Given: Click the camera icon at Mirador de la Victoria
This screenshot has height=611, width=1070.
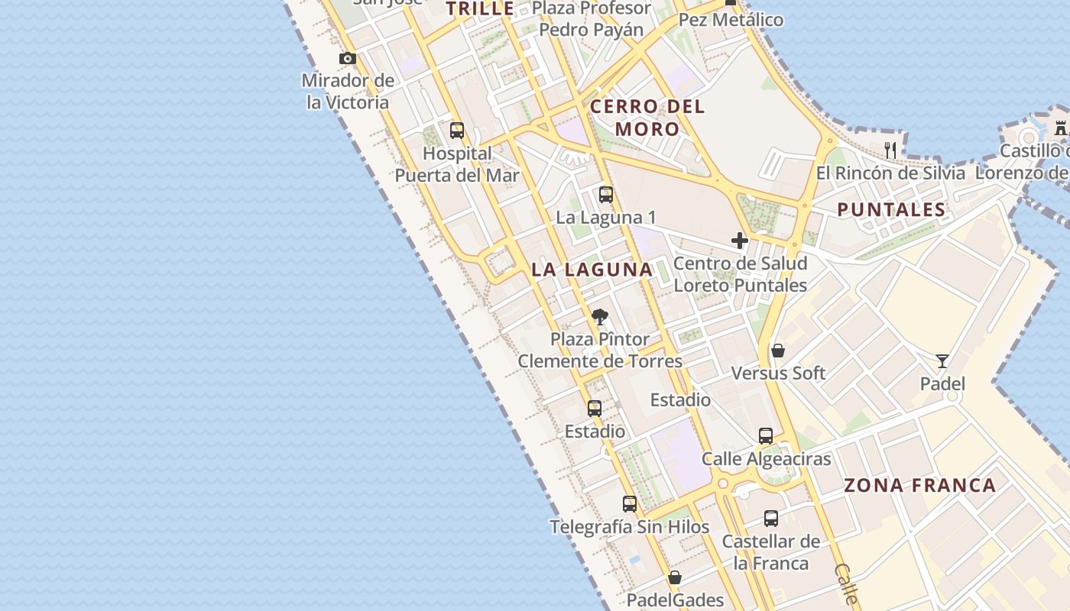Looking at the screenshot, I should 348,58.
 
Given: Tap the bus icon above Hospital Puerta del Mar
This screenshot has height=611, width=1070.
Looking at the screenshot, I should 457,131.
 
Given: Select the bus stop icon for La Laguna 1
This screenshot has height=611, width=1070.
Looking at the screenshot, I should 606,195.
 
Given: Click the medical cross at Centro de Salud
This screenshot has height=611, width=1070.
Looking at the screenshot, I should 740,241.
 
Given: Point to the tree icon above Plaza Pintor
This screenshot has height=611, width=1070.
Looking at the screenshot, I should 600,317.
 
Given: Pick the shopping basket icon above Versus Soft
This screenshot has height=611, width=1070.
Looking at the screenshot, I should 778,351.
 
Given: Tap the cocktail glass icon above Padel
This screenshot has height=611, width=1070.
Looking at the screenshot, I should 942,361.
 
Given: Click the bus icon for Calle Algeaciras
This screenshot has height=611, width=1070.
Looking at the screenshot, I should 766,436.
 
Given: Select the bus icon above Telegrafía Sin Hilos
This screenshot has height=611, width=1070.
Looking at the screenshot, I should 630,504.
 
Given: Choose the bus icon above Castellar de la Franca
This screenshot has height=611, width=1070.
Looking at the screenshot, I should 771,519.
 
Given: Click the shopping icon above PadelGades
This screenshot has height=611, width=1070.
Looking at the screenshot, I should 675,577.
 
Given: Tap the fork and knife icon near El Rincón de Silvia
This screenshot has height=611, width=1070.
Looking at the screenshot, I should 890,150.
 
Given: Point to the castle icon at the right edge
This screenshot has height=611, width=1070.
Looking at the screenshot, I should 1060,128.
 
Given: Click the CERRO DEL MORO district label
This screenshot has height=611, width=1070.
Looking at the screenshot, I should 647,118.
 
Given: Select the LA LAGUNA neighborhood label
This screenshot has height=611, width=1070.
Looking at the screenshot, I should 592,269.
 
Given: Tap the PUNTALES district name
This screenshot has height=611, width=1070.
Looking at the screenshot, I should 891,209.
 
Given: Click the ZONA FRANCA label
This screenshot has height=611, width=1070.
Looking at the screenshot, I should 919,485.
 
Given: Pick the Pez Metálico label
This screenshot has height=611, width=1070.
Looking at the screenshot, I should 731,20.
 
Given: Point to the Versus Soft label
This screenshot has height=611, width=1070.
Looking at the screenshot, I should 778,373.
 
